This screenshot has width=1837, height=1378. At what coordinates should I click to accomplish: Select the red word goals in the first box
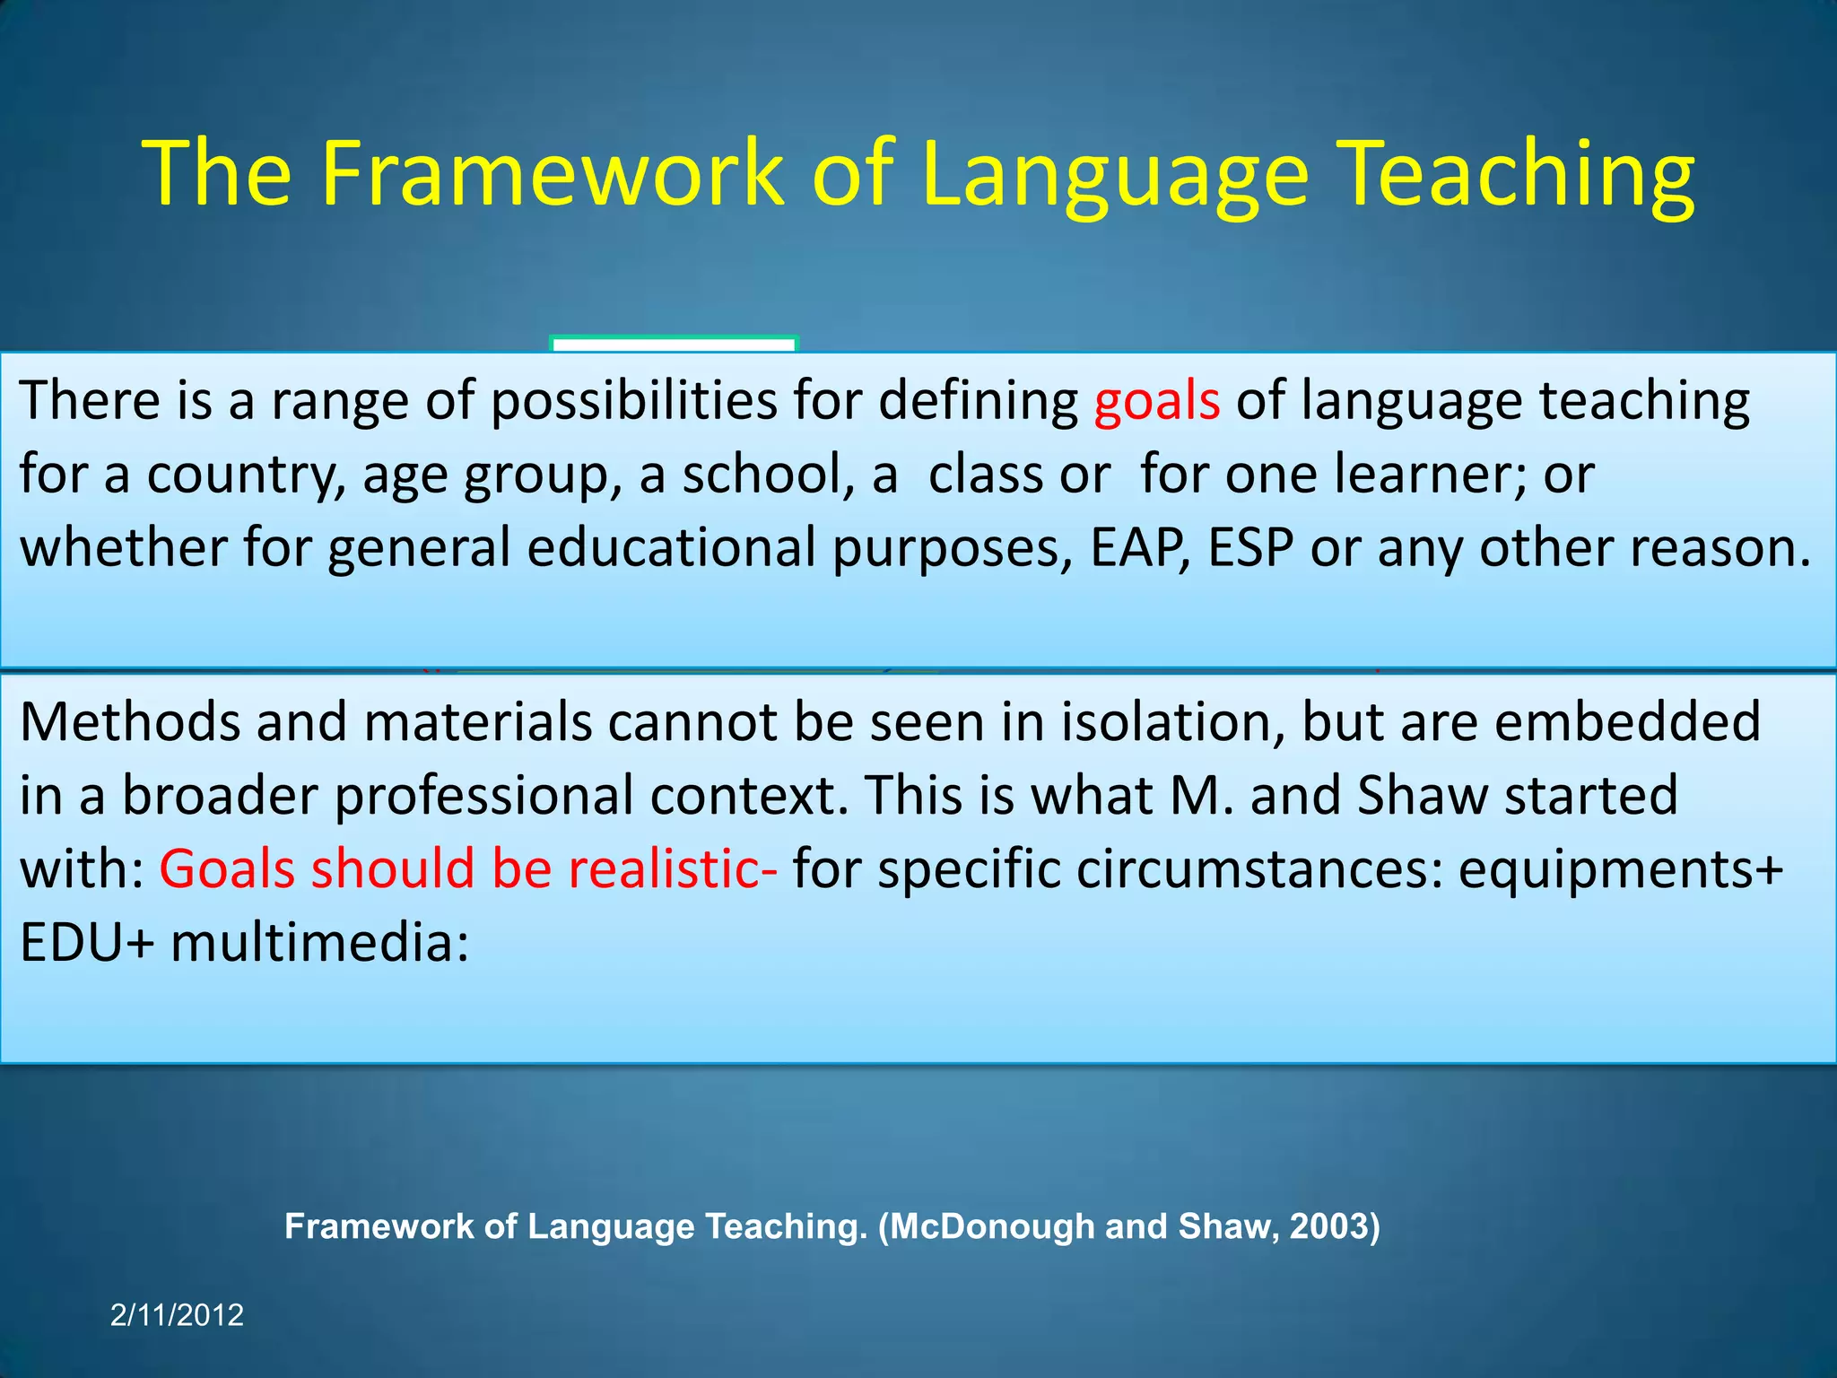1156,401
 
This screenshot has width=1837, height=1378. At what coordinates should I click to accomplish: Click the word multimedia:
319,943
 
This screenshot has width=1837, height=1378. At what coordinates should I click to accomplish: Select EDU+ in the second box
87,943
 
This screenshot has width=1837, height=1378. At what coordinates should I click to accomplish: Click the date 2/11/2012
177,1315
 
